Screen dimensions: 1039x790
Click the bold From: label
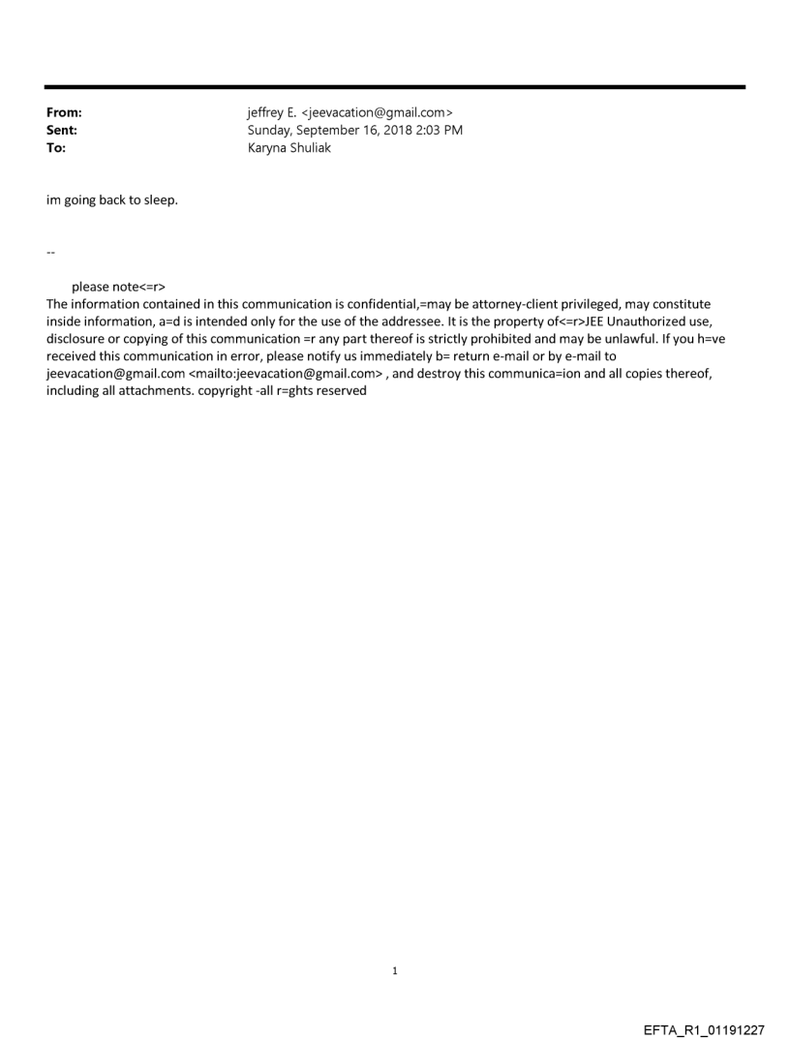64,113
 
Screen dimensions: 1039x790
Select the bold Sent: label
62,131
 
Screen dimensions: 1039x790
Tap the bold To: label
56,148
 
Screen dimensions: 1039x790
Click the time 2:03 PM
437,131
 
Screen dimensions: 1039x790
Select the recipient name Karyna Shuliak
289,148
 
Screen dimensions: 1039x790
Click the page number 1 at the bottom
395,970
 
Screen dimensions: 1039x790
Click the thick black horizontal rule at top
395,87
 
